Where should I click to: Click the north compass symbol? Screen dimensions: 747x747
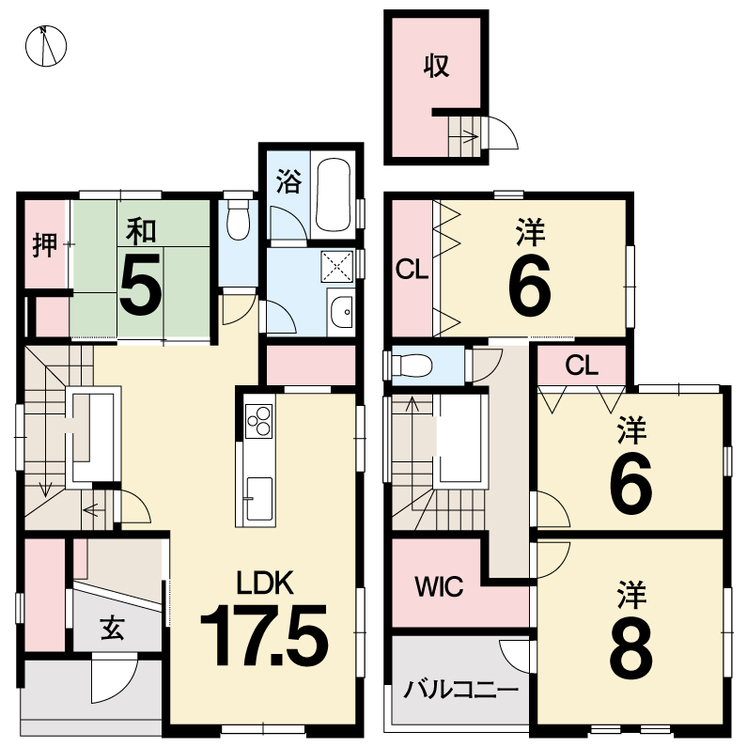point(46,46)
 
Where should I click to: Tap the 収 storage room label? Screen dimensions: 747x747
point(436,66)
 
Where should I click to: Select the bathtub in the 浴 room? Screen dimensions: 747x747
point(334,195)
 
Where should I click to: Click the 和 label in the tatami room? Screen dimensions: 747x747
point(141,230)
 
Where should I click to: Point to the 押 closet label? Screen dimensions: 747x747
point(45,245)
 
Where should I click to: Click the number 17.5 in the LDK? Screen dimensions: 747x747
point(264,635)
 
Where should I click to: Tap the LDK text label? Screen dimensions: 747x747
point(265,583)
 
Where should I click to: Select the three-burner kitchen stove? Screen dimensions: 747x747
point(258,421)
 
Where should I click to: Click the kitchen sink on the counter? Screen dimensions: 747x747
point(258,499)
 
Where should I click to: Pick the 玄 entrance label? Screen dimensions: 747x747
point(113,627)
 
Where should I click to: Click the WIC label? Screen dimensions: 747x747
point(439,586)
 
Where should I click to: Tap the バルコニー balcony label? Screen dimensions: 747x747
point(460,689)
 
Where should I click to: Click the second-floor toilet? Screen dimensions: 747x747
point(411,366)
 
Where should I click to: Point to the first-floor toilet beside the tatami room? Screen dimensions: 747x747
point(238,219)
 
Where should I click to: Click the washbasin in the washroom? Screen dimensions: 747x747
point(341,312)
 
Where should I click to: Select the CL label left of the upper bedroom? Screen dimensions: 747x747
point(412,270)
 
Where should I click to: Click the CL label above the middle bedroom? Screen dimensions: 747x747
point(582,366)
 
